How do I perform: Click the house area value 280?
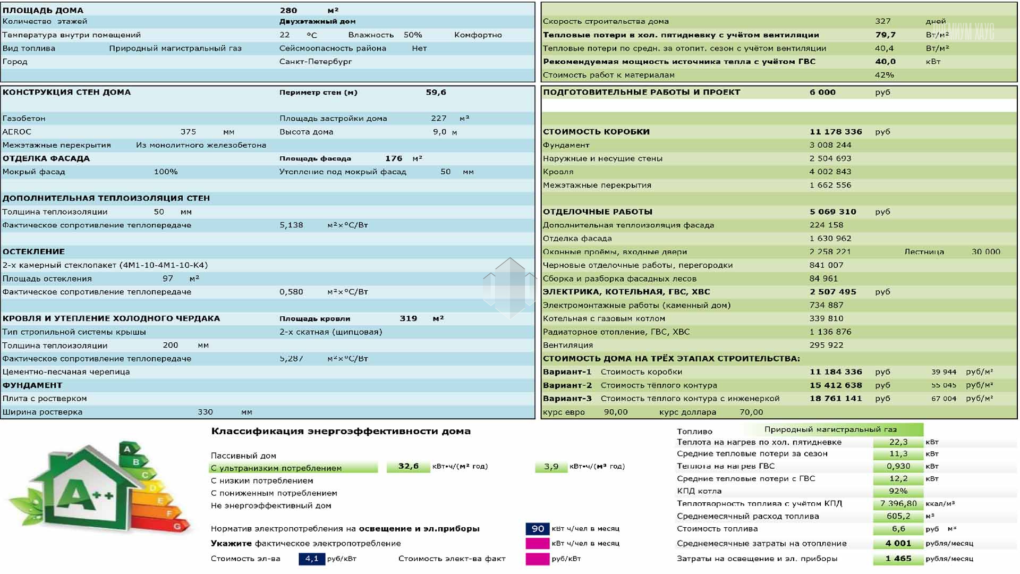point(288,10)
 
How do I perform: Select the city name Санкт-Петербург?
point(316,62)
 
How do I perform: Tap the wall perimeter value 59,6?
point(436,92)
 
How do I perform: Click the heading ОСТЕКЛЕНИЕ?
point(33,252)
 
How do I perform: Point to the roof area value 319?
point(408,318)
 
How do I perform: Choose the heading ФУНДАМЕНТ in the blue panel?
point(32,385)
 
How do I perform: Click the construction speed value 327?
point(882,21)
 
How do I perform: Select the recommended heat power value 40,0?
point(885,62)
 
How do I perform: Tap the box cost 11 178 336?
point(836,132)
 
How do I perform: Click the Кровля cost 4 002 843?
point(830,172)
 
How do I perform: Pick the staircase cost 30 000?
point(985,252)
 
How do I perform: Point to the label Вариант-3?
point(567,399)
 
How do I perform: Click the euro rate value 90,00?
point(616,412)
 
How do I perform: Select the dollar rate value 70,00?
point(751,412)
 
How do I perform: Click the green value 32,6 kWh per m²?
point(408,467)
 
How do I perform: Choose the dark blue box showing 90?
point(538,529)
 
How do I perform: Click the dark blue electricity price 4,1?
point(312,559)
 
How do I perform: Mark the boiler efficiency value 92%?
point(898,491)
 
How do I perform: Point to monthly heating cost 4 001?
point(898,544)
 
